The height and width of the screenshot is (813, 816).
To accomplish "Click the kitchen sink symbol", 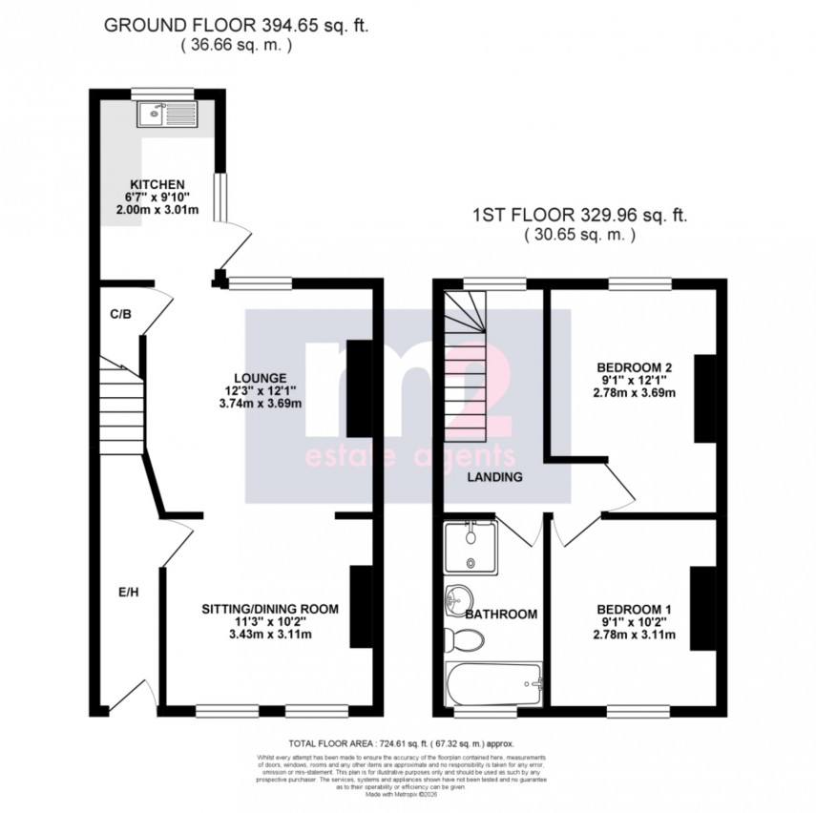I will pos(166,115).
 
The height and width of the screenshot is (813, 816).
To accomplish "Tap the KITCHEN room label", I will pos(157,184).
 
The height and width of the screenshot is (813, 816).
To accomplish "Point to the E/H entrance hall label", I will pos(129,592).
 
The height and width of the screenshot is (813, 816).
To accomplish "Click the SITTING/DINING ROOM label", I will pos(270,608).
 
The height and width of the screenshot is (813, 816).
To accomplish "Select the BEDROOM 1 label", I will pos(635,610).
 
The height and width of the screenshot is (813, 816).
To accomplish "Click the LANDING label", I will pos(494,477).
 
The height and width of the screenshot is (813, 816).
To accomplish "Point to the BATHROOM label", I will pos(501,615).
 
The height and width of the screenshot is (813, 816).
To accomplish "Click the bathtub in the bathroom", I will pos(493,684).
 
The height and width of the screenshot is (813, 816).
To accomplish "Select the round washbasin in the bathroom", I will pos(454,600).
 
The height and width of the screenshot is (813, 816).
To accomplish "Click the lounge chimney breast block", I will pos(358,387).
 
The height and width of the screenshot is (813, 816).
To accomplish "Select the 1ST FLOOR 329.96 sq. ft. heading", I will pos(580,216).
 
